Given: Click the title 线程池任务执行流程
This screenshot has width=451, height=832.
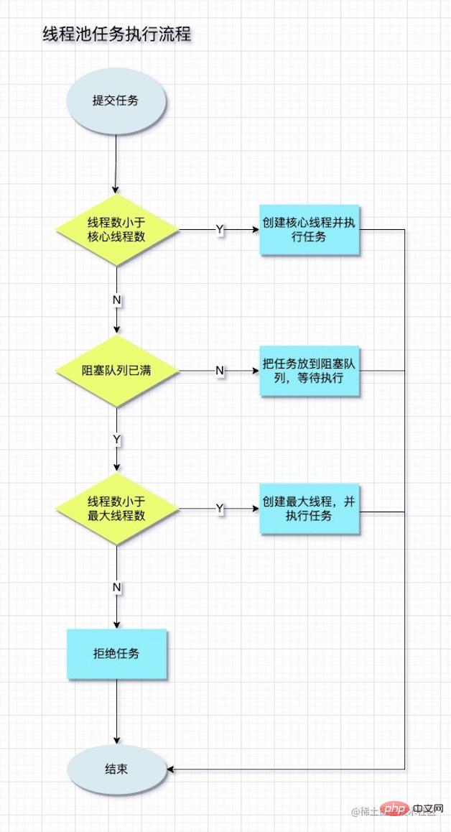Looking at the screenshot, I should [116, 34].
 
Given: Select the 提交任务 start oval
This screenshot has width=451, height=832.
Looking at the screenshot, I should [116, 101].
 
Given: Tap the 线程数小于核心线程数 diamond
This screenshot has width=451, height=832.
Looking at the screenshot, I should [116, 230].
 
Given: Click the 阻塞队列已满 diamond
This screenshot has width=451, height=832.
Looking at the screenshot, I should [116, 371].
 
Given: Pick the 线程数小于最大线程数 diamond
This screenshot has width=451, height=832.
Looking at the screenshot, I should [116, 509].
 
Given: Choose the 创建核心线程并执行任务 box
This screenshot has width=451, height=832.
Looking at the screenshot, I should [309, 230].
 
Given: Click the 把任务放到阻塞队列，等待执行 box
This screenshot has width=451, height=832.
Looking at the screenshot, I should [309, 371].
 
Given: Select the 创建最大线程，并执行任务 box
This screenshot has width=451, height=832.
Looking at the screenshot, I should [309, 509].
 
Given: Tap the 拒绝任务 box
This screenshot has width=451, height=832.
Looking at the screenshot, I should [116, 654].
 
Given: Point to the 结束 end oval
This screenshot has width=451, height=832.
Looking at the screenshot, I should [116, 769].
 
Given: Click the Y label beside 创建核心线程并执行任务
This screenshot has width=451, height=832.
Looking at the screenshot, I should [219, 229].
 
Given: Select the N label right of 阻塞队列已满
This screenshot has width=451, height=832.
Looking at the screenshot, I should [220, 371].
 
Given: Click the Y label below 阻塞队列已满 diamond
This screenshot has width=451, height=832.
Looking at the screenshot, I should [116, 438].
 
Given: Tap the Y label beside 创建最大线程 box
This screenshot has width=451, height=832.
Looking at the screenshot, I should [220, 509].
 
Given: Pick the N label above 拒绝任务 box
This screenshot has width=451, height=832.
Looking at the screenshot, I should [116, 588].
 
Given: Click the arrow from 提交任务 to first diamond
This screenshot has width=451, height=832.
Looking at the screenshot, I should [116, 165].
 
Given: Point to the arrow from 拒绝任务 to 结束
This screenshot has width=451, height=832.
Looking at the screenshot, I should [116, 711].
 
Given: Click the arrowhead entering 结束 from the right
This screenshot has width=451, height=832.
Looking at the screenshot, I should [171, 769].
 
